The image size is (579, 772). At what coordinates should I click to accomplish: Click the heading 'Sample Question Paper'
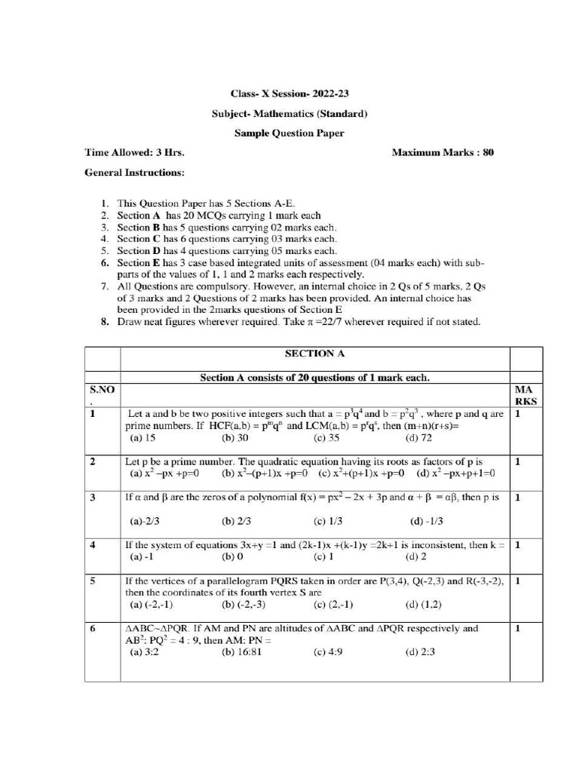click(289, 133)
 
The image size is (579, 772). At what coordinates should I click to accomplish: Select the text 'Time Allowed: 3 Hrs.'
click(135, 152)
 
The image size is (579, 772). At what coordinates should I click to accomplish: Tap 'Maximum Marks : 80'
click(443, 152)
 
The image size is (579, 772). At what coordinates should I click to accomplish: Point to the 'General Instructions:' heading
click(133, 173)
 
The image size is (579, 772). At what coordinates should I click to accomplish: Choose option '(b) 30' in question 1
click(235, 437)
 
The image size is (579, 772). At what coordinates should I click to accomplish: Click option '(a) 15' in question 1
click(142, 437)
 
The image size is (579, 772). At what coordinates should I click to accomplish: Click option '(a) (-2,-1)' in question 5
click(152, 605)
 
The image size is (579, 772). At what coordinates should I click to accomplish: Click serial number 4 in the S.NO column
click(92, 544)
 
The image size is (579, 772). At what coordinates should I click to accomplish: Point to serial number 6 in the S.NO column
click(92, 628)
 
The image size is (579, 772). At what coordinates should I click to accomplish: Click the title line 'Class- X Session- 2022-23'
click(289, 94)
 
